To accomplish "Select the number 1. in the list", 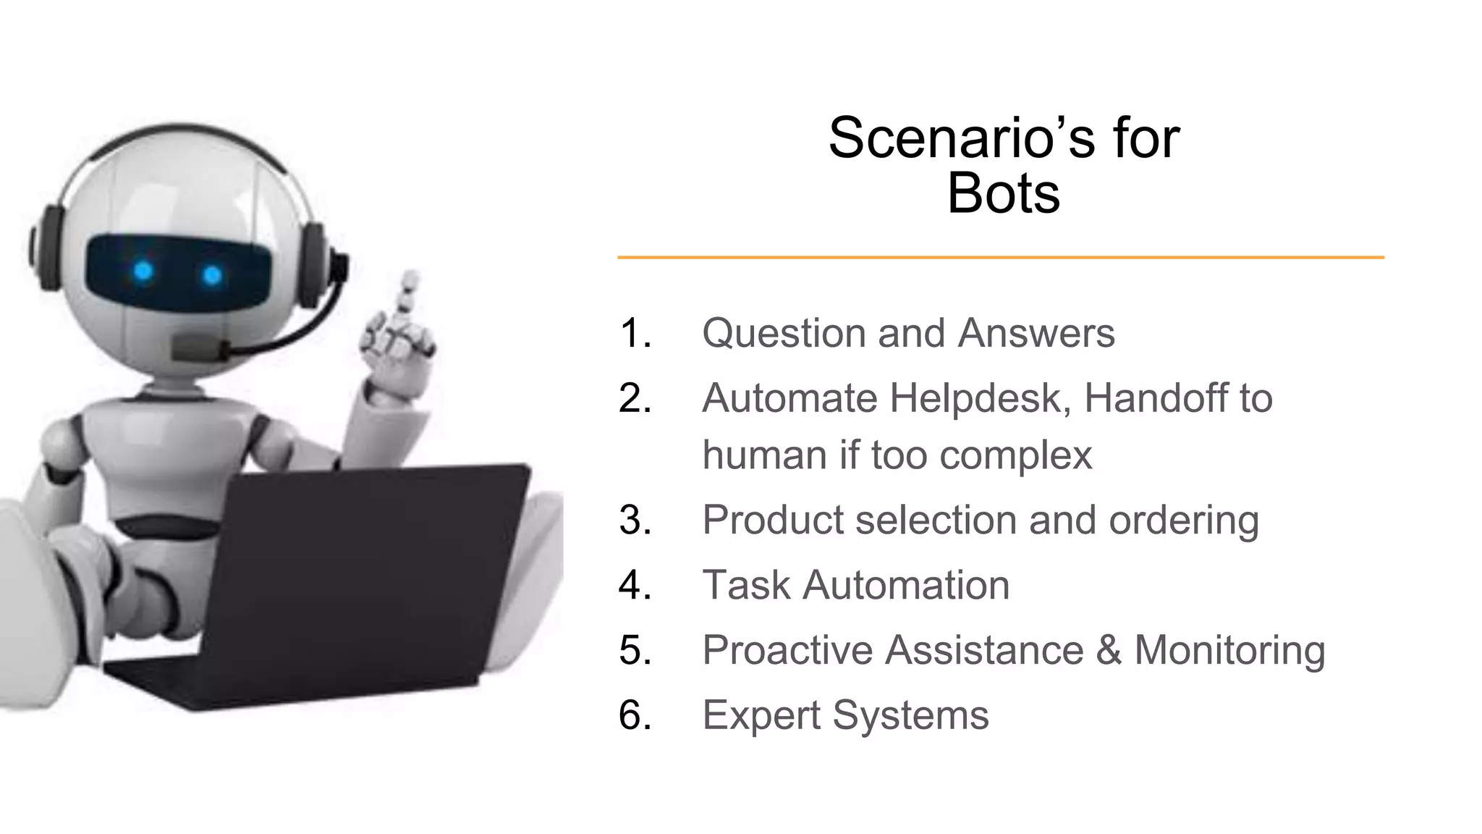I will pyautogui.click(x=635, y=333).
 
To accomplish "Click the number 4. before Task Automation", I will pyautogui.click(x=635, y=585).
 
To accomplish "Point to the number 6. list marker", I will pyautogui.click(x=635, y=715).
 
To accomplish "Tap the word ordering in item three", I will pyautogui.click(x=1184, y=521).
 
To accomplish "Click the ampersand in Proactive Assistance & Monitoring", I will pyautogui.click(x=1109, y=649).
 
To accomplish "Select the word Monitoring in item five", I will pyautogui.click(x=1229, y=650).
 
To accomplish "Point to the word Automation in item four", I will pyautogui.click(x=906, y=585).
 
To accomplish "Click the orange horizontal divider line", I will pyautogui.click(x=1000, y=257).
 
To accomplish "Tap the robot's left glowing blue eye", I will pyautogui.click(x=144, y=271).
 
